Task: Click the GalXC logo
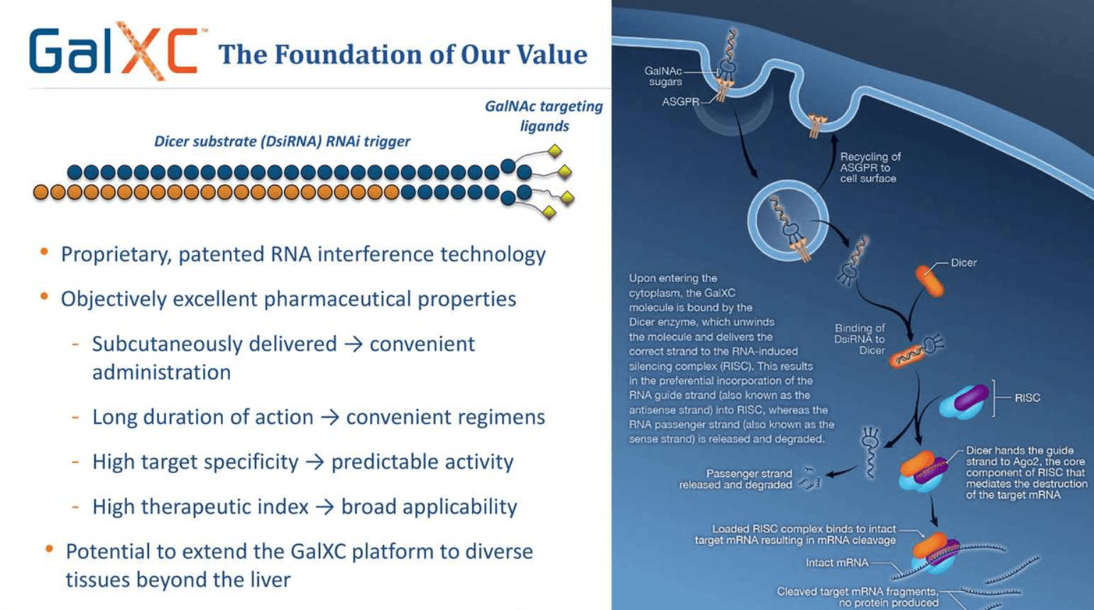point(114,51)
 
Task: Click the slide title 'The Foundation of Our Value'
point(402,55)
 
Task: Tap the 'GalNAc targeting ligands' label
point(543,116)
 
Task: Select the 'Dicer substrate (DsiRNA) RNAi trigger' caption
point(282,141)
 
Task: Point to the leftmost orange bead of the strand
point(41,192)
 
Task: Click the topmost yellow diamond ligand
point(555,151)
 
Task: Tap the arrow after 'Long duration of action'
point(329,417)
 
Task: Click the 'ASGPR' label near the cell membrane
point(680,102)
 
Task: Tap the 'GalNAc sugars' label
point(664,77)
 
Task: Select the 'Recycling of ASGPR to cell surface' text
point(870,168)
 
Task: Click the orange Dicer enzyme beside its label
point(929,280)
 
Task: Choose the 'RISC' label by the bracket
point(1027,398)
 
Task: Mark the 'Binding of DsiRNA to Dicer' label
point(860,339)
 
